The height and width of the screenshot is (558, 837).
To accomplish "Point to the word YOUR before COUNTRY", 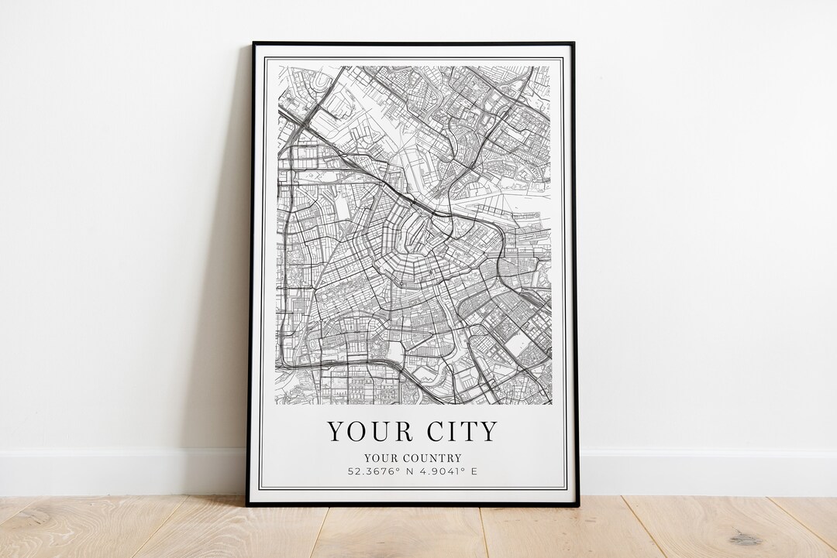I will click(380, 458).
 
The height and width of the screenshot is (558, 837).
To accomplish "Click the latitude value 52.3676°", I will click(375, 471).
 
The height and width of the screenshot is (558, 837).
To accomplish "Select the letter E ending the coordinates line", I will click(474, 471).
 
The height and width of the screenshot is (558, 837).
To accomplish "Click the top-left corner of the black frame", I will click(253, 43).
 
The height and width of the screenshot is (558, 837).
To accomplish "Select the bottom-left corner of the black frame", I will click(247, 505).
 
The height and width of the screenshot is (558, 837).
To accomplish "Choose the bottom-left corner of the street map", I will click(277, 404).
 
